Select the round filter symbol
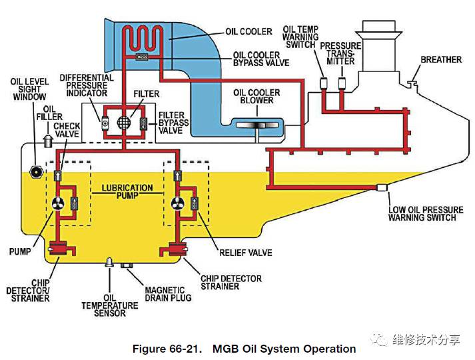pyautogui.click(x=123, y=123)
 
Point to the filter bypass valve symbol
pyautogui.click(x=143, y=123)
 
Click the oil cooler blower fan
pyautogui.click(x=256, y=125)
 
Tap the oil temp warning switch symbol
pyautogui.click(x=324, y=83)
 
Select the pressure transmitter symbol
pyautogui.click(x=342, y=83)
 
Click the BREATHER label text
pyautogui.click(x=441, y=60)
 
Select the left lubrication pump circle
pyautogui.click(x=58, y=204)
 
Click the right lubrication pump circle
pyautogui.click(x=177, y=204)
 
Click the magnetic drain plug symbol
pyautogui.click(x=127, y=266)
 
